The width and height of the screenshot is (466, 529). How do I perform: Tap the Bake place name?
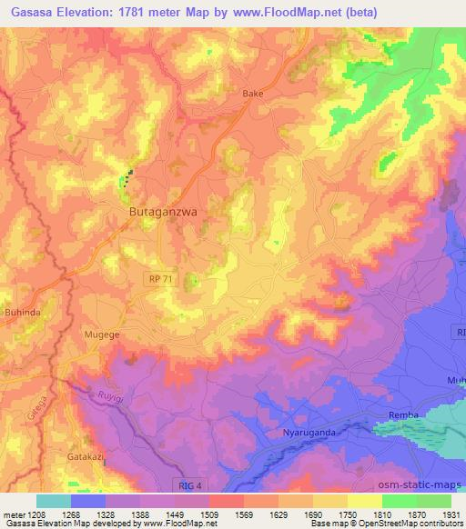click(250, 94)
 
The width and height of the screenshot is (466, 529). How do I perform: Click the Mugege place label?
click(103, 334)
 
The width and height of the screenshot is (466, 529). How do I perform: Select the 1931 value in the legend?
click(451, 514)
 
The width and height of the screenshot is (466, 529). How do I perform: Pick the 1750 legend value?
click(348, 514)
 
